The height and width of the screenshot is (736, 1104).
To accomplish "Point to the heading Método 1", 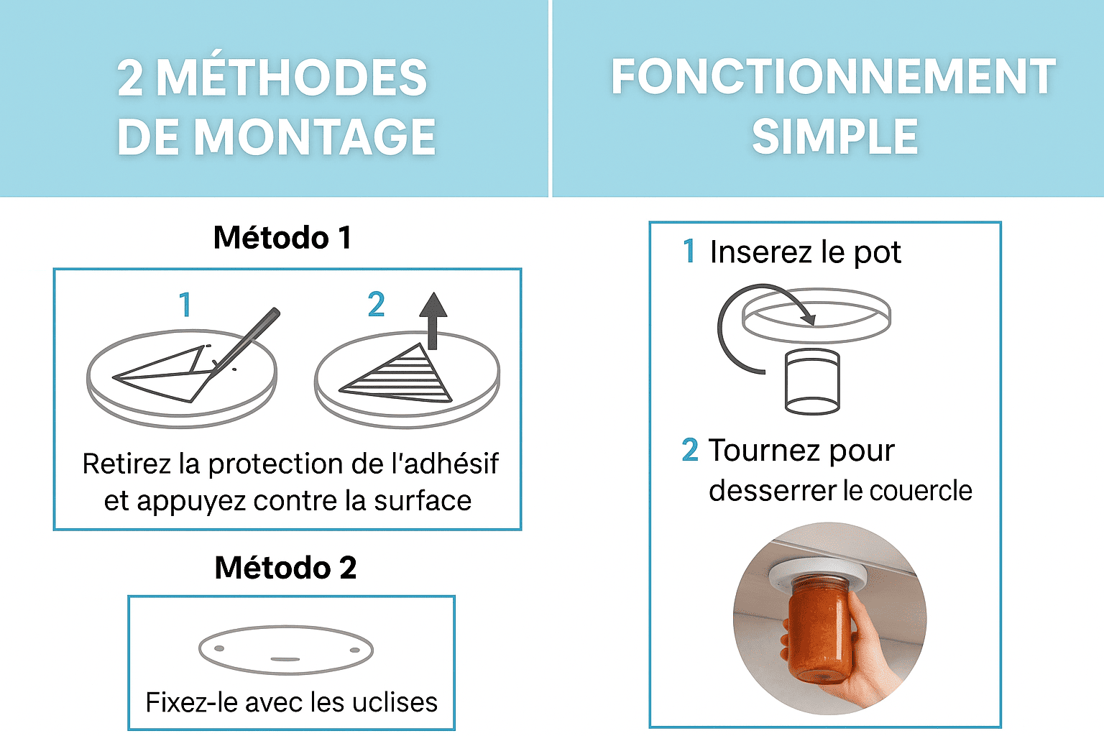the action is pos(282,237).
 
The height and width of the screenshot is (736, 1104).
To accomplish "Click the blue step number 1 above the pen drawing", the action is pos(185,305).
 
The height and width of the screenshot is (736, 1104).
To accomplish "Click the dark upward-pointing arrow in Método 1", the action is pos(433,321).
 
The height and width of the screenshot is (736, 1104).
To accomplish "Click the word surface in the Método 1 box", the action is pos(423,501).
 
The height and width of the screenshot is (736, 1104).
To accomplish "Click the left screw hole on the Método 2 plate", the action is pos(219,648).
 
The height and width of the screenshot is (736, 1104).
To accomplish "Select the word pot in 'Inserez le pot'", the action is pos(878,253).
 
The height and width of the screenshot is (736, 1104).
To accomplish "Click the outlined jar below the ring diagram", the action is pos(812,381).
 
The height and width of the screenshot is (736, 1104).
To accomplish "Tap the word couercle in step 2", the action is pos(921,490).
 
